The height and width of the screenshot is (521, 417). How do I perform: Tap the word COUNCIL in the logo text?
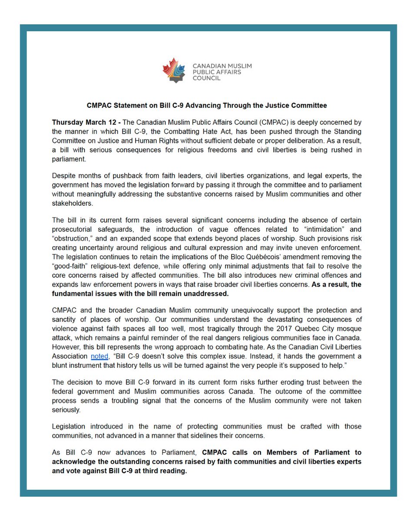coord(207,79)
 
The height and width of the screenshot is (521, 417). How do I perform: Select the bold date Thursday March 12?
coord(82,123)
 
